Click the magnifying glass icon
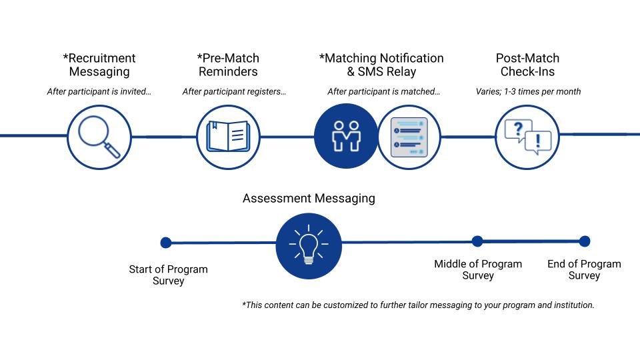coord(99,136)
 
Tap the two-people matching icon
coord(346,136)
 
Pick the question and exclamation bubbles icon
coord(527,136)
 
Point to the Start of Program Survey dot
coord(166,243)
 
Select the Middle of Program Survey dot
coord(477,241)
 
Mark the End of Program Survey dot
coord(585,241)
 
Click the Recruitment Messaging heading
coord(99,65)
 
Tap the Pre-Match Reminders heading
coord(228,65)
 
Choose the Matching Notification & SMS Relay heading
coord(381,65)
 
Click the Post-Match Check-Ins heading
coord(527,65)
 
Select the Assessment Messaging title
coord(309,198)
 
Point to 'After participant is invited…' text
coord(99,92)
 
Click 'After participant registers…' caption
coord(234,92)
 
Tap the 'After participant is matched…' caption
coord(383,92)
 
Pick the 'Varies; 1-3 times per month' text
coord(527,92)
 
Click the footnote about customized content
coord(418,305)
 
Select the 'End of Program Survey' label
coord(584,270)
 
